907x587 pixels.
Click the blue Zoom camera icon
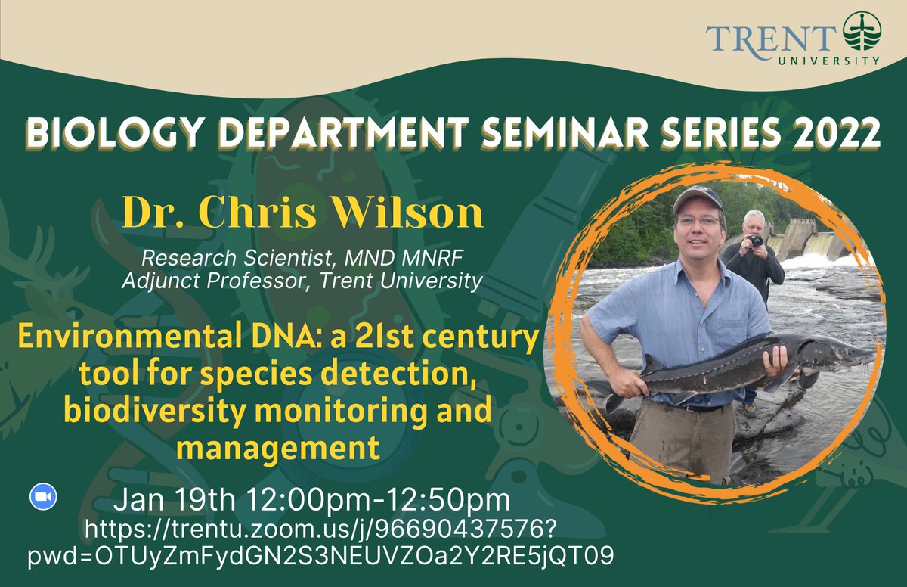(x=43, y=496)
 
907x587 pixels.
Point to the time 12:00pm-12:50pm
(x=373, y=500)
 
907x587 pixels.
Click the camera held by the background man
(x=755, y=241)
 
